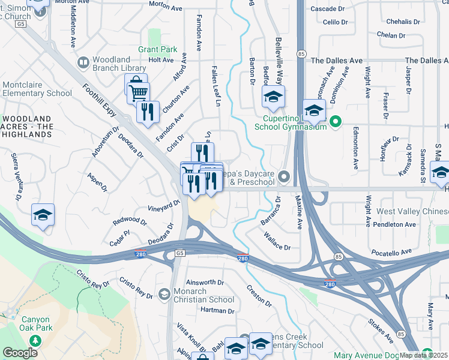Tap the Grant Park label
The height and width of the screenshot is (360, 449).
[x=158, y=49]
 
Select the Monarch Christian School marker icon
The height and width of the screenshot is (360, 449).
[x=164, y=293]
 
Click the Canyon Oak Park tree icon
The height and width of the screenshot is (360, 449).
[x=36, y=340]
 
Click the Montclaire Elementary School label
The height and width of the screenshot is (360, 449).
[x=37, y=89]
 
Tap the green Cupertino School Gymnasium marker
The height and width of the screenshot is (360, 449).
[x=336, y=122]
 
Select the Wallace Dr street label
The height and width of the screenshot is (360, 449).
[x=277, y=242]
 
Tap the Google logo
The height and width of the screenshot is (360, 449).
[x=20, y=353]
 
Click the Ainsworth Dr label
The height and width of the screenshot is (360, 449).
[x=205, y=282]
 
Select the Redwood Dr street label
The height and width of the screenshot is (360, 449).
[x=130, y=221]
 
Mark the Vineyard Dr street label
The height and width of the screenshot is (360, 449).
[x=163, y=206]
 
